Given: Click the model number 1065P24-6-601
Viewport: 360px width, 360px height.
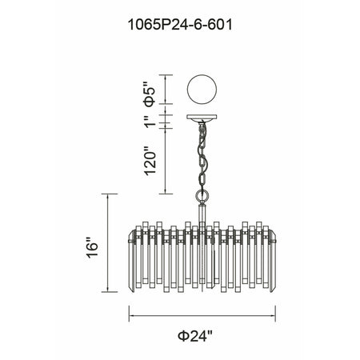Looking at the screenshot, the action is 180,25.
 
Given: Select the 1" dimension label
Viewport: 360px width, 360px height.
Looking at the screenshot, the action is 150,122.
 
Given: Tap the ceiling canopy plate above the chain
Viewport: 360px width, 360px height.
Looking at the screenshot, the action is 202,118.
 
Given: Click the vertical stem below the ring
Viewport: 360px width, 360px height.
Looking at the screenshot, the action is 202,214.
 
